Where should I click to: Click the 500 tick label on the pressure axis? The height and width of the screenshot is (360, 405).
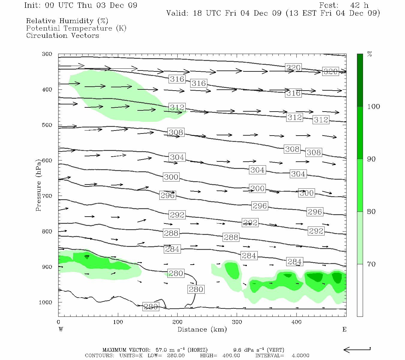coord(47,125)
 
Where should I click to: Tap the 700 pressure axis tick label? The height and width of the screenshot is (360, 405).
coord(47,196)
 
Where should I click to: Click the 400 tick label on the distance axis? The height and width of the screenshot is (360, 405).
coord(296,322)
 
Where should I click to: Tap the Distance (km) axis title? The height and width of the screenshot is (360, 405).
coord(202,329)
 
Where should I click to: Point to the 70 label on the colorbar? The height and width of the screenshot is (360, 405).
coord(371,264)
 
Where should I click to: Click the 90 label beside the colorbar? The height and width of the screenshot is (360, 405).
coord(371,159)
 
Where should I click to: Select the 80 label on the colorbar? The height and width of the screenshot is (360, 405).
coord(371,212)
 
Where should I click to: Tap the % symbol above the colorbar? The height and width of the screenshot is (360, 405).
coord(370,54)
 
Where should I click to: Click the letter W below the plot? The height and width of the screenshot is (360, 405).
coord(61,329)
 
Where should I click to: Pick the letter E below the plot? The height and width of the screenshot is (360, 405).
coord(344,329)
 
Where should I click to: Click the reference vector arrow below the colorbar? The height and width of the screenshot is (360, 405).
coord(357,349)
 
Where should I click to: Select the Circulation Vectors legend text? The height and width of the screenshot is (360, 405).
coord(62,36)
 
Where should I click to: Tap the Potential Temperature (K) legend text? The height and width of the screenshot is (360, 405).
coord(76,28)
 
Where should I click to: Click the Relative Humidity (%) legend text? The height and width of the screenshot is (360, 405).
coord(67,21)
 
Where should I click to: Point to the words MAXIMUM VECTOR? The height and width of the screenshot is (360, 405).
coord(128,350)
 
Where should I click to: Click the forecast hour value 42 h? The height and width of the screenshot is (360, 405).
coord(359,5)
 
